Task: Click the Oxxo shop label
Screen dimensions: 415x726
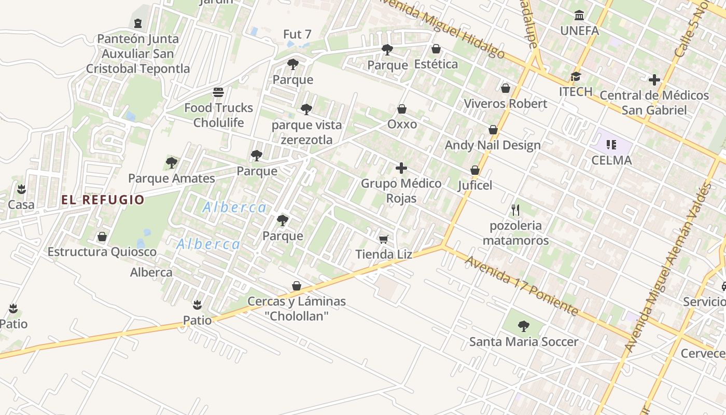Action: [402, 125]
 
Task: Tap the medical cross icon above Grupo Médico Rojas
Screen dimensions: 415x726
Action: [401, 168]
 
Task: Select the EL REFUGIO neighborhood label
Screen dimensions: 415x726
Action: [103, 200]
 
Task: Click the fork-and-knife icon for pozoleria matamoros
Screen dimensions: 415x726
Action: [515, 210]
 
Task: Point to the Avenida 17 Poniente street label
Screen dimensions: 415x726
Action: [521, 285]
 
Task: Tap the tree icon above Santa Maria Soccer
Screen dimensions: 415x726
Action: [524, 326]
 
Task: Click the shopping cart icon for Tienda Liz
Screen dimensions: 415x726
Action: [384, 239]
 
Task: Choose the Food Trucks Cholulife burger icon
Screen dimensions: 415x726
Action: [218, 92]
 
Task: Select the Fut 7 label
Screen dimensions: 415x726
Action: [297, 34]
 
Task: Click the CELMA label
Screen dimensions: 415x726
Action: [612, 160]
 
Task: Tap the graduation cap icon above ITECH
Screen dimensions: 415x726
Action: [576, 77]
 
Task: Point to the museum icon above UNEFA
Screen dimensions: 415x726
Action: [579, 16]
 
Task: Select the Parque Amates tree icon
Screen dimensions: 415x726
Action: [172, 163]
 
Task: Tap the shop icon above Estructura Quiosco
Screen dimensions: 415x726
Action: [102, 237]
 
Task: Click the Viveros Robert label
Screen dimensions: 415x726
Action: [505, 104]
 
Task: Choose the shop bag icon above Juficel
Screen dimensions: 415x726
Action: [474, 170]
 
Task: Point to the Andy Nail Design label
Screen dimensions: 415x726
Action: [493, 145]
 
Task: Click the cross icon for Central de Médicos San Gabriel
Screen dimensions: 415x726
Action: [654, 80]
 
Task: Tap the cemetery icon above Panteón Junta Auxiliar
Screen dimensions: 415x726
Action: [138, 23]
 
